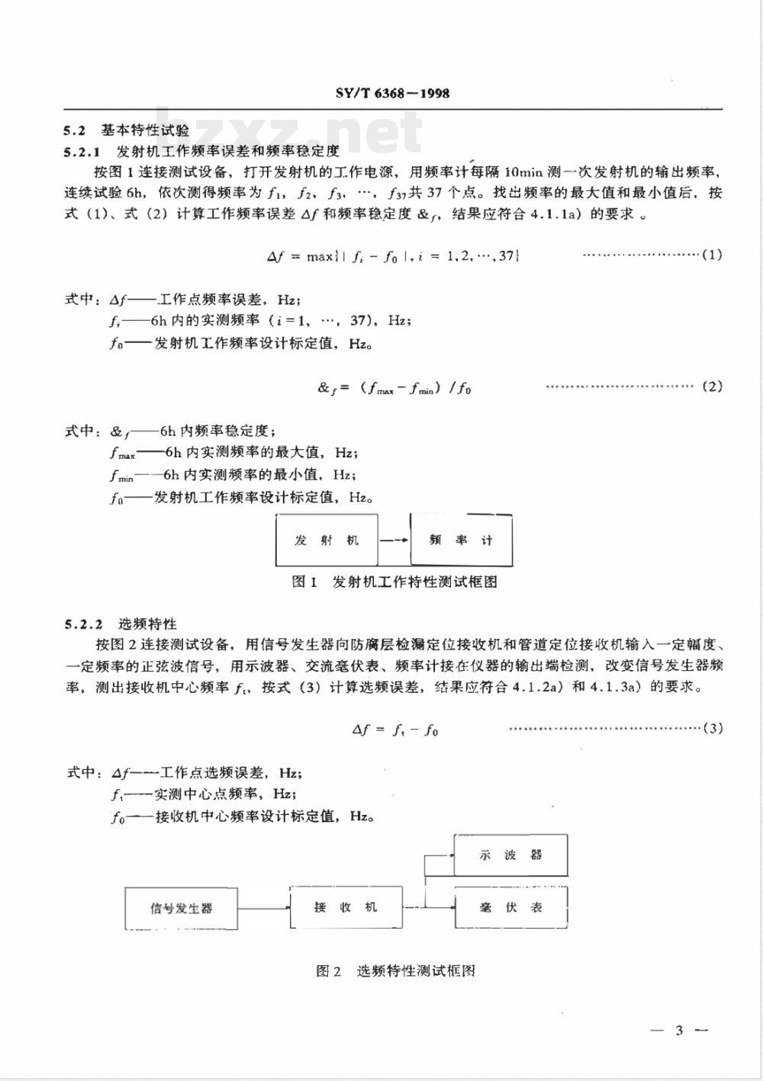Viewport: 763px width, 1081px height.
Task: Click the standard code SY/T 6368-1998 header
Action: (x=392, y=94)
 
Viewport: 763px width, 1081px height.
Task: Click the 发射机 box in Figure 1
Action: (x=327, y=540)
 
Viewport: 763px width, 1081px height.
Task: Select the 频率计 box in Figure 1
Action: (x=461, y=540)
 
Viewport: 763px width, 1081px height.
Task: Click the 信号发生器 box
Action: (x=182, y=908)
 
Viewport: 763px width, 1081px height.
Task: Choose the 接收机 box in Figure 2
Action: (x=346, y=907)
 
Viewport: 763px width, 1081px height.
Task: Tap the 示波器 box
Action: (x=510, y=855)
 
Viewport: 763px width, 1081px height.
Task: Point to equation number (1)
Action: (x=712, y=255)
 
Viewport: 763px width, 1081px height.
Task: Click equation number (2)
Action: (x=712, y=387)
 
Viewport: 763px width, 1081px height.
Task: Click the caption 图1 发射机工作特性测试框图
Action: (x=394, y=582)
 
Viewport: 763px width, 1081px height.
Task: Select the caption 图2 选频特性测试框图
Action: (x=395, y=971)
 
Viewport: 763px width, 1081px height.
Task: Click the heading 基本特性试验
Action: (x=145, y=130)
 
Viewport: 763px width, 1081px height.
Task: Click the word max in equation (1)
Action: (x=320, y=257)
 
